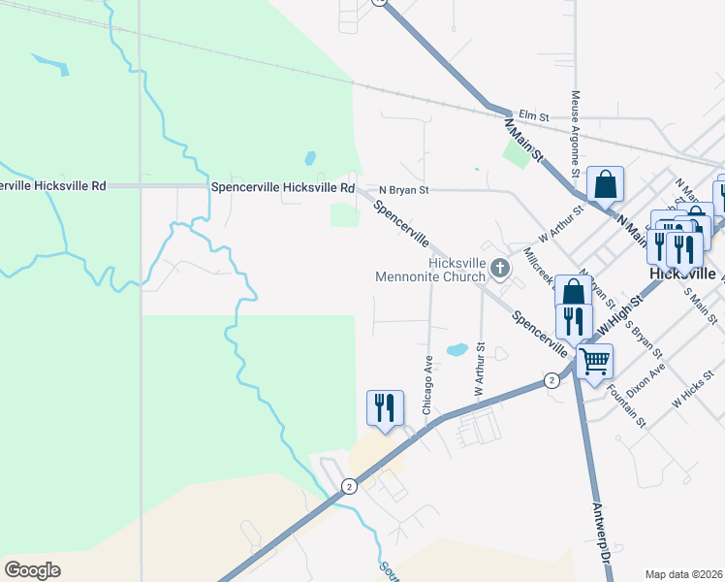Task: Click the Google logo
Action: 32,570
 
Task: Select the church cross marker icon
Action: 500,268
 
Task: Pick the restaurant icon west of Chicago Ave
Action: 385,406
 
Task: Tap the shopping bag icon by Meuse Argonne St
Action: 605,183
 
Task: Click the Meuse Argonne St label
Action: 576,134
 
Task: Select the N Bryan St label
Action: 403,190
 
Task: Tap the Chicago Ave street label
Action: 426,386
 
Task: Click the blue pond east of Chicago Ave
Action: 456,349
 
